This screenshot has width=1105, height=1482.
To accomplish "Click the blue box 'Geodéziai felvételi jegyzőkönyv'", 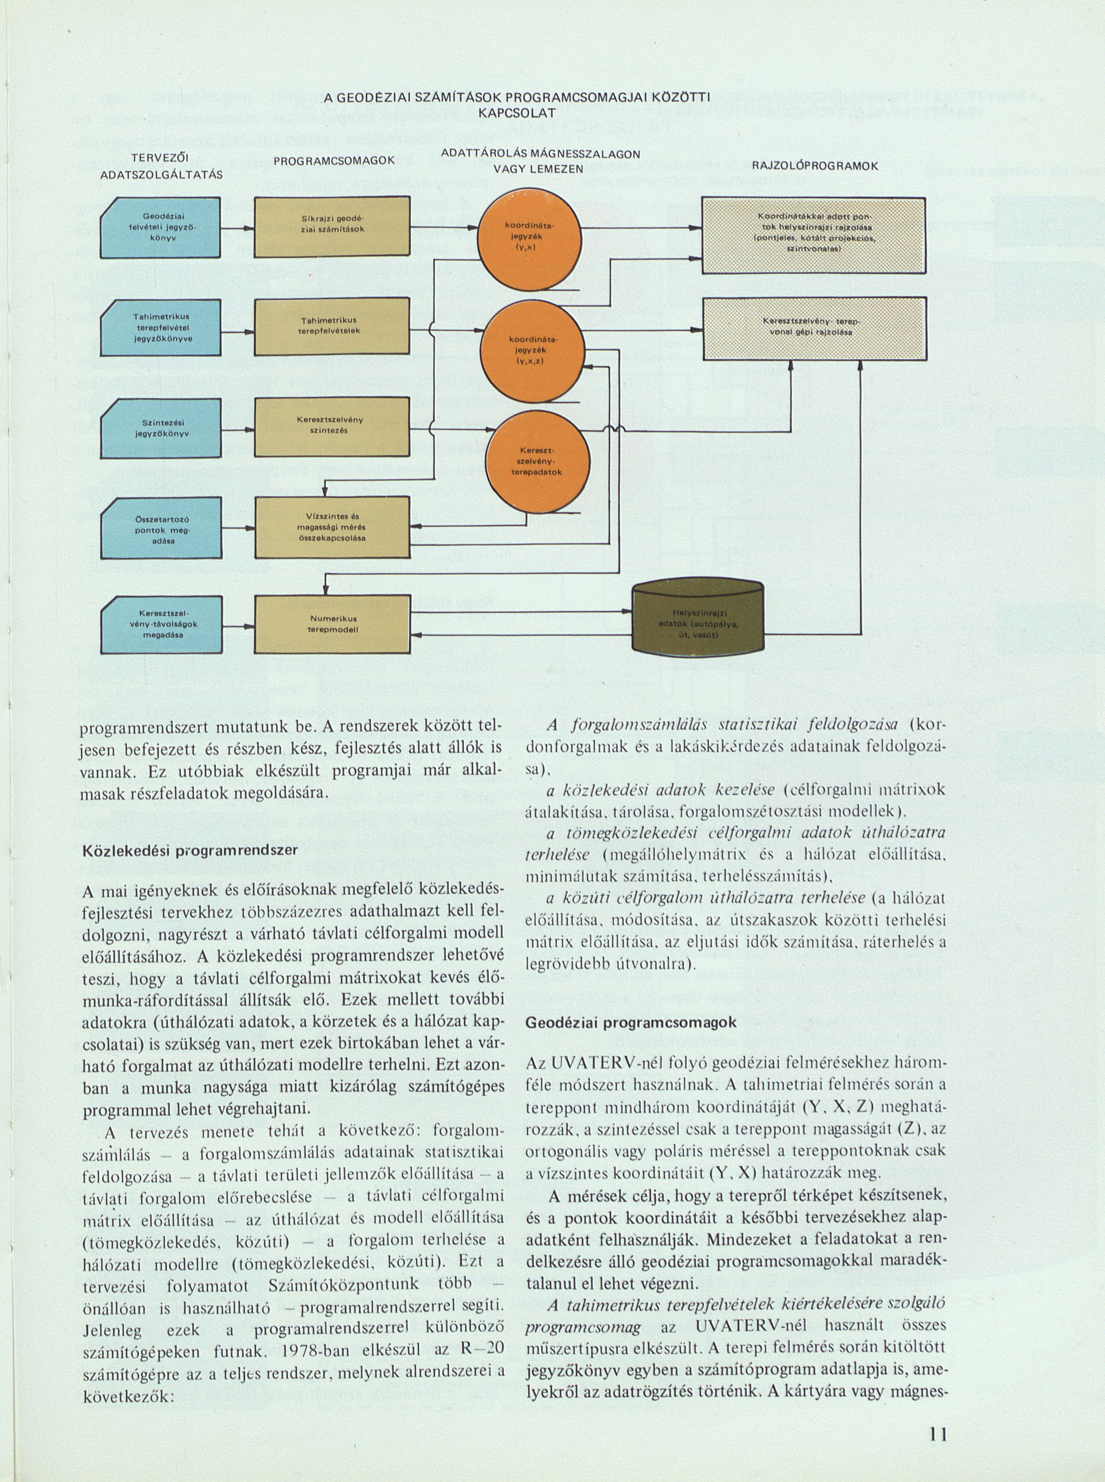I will (160, 227).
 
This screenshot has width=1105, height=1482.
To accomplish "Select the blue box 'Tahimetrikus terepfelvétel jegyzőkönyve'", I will (160, 327).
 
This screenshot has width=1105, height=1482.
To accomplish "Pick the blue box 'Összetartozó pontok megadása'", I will (160, 529).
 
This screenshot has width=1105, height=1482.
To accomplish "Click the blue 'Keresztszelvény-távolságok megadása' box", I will (160, 624).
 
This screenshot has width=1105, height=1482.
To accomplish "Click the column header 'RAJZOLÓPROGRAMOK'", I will (814, 166).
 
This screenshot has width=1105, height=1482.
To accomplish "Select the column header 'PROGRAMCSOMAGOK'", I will (334, 161).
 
